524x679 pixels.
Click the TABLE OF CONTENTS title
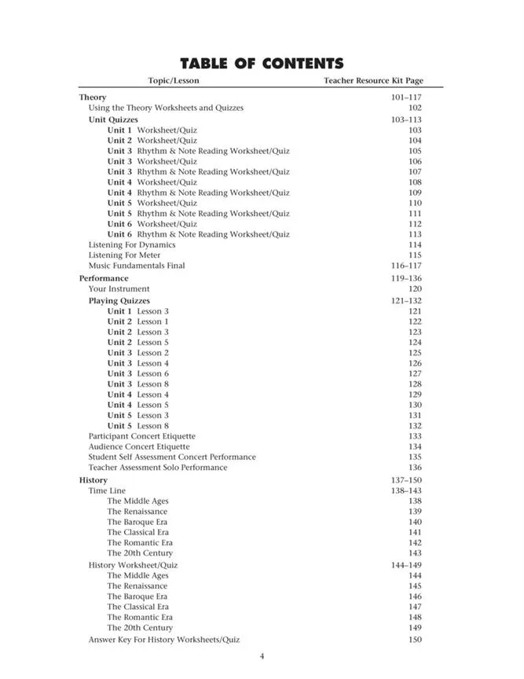pyautogui.click(x=262, y=64)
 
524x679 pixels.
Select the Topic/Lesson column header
pyautogui.click(x=174, y=80)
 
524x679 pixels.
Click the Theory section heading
pyautogui.click(x=93, y=97)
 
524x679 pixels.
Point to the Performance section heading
pyautogui.click(x=104, y=278)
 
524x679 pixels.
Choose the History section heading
pyautogui.click(x=93, y=480)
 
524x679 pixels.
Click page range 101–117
pyautogui.click(x=406, y=97)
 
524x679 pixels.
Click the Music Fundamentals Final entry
pyautogui.click(x=137, y=266)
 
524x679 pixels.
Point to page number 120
pyautogui.click(x=415, y=288)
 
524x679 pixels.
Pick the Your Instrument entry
pyautogui.click(x=119, y=288)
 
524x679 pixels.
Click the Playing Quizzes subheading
pyautogui.click(x=119, y=300)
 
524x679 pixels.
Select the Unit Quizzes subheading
pyautogui.click(x=113, y=119)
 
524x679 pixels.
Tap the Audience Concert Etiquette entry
pyautogui.click(x=139, y=446)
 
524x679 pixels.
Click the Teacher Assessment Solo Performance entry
pyautogui.click(x=158, y=468)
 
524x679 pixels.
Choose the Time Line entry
pyautogui.click(x=107, y=490)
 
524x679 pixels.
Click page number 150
pyautogui.click(x=415, y=640)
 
